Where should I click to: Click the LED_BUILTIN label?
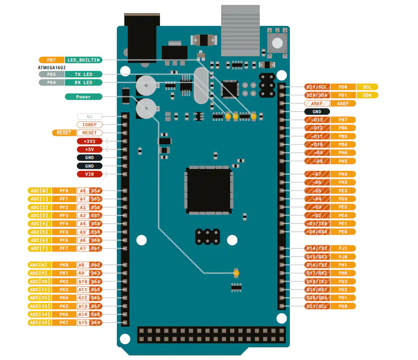(x=84, y=60)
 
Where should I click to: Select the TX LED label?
(x=84, y=74)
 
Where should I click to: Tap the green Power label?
(x=84, y=97)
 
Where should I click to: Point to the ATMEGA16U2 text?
(x=52, y=68)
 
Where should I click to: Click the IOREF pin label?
(x=89, y=124)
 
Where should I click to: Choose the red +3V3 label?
(x=89, y=141)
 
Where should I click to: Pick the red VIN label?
(x=89, y=174)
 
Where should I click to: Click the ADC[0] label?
(x=40, y=191)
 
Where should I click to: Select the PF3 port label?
(x=64, y=216)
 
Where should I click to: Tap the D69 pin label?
(x=96, y=323)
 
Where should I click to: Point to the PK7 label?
(x=64, y=323)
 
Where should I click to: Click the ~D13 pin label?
(x=317, y=120)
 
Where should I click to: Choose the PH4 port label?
(x=343, y=174)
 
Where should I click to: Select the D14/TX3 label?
(x=317, y=249)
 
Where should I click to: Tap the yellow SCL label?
(x=367, y=87)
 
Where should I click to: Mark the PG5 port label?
(x=343, y=199)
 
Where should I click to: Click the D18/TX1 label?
(x=317, y=281)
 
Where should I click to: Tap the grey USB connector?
(x=240, y=31)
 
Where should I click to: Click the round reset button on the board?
(x=277, y=43)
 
